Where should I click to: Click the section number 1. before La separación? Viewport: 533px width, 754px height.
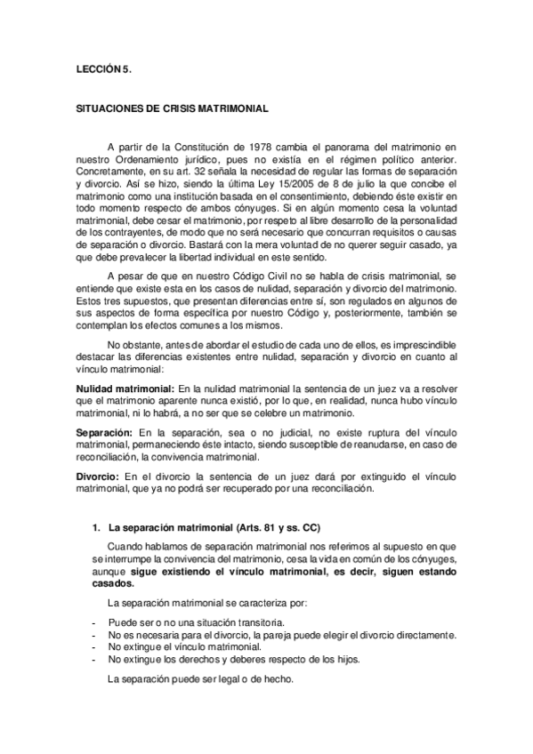(x=96, y=527)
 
